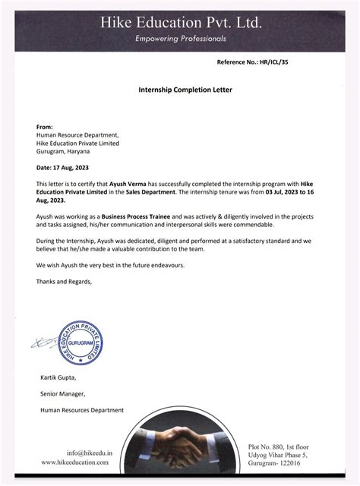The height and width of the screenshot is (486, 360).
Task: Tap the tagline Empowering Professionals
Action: pyautogui.click(x=180, y=38)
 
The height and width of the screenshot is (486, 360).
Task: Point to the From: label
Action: pyautogui.click(x=45, y=126)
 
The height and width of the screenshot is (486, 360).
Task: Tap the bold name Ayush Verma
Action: pyautogui.click(x=128, y=185)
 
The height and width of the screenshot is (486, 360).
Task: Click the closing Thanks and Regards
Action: pyautogui.click(x=65, y=282)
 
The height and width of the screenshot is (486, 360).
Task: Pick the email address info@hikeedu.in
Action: pyautogui.click(x=90, y=453)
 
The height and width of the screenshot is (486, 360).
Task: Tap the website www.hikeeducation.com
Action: pyautogui.click(x=77, y=462)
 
